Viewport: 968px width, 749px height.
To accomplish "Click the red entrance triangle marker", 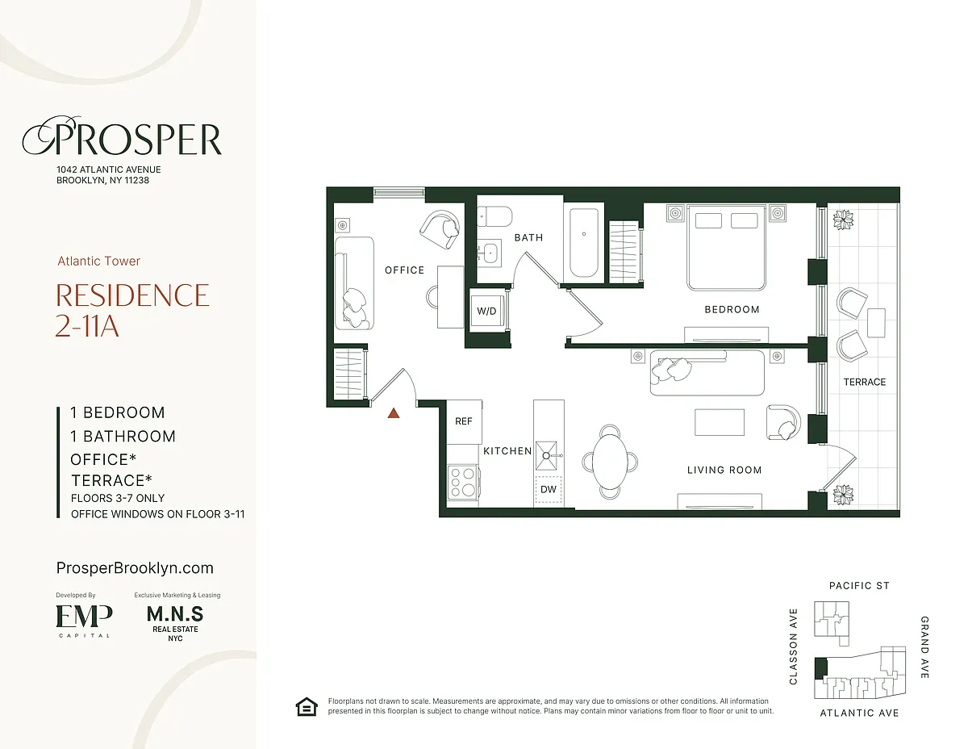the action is pyautogui.click(x=394, y=413).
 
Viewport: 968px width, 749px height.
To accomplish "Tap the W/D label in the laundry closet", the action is pyautogui.click(x=486, y=311).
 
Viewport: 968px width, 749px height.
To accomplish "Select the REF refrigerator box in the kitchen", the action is pyautogui.click(x=464, y=421).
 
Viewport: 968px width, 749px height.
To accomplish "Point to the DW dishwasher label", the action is pyautogui.click(x=549, y=489).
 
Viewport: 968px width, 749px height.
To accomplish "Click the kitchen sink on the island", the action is pyautogui.click(x=547, y=455).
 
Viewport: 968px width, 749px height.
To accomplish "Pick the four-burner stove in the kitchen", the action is pyautogui.click(x=463, y=481).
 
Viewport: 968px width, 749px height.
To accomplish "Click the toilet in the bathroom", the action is pyautogui.click(x=494, y=216).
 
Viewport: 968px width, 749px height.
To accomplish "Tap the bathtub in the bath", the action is pyautogui.click(x=583, y=243).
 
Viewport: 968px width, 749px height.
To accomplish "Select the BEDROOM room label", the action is pyautogui.click(x=732, y=309).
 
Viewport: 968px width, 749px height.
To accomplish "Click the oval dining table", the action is pyautogui.click(x=610, y=461).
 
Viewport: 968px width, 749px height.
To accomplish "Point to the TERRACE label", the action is pyautogui.click(x=865, y=382).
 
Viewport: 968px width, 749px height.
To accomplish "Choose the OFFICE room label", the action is pyautogui.click(x=404, y=270).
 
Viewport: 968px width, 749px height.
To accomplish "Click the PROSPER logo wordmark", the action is pyautogui.click(x=122, y=136).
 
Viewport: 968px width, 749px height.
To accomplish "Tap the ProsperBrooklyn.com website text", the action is pyautogui.click(x=135, y=568).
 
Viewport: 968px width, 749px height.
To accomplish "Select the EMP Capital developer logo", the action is pyautogui.click(x=84, y=621).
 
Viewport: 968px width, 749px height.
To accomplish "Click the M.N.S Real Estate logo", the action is pyautogui.click(x=175, y=623).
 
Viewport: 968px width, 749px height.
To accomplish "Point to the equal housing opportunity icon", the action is pyautogui.click(x=307, y=707).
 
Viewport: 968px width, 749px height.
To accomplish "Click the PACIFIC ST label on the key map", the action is pyautogui.click(x=859, y=585).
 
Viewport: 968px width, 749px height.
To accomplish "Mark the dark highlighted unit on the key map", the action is pyautogui.click(x=820, y=669).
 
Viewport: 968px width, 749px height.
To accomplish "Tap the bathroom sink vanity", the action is pyautogui.click(x=490, y=253).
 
